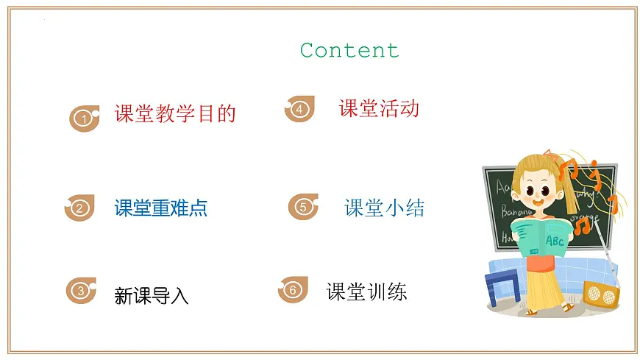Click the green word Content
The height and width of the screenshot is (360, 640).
pos(349,51)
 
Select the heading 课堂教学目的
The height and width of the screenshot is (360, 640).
pos(175,113)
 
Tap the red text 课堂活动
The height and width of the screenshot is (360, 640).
pos(379,109)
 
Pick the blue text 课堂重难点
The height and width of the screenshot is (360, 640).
pos(161,208)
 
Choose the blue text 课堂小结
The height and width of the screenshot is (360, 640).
pos(384,208)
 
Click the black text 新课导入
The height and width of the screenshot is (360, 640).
pos(152,296)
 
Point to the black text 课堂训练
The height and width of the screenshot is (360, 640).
pos(366,292)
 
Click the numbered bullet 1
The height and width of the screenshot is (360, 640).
pos(85,118)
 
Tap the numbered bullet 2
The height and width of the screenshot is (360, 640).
pos(80,208)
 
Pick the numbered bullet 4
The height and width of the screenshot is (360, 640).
pos(299,109)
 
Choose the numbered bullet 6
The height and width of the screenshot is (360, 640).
pos(293,290)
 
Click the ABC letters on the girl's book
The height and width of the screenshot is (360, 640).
pos(555,240)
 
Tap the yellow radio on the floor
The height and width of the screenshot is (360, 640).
pos(601,294)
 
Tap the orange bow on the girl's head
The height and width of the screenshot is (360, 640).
pos(549,155)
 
